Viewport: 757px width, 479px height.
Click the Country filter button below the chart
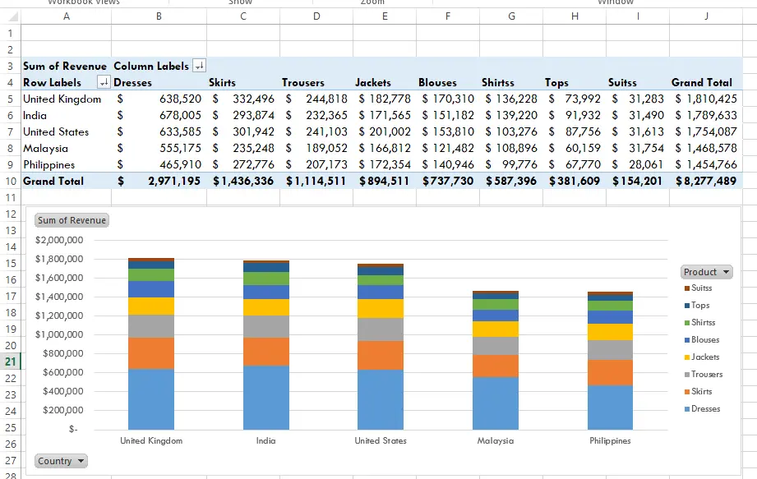pyautogui.click(x=62, y=461)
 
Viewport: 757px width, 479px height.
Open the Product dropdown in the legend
pyautogui.click(x=706, y=272)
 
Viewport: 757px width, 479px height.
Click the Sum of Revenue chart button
pyautogui.click(x=72, y=220)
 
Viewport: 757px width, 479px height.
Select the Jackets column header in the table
pyautogui.click(x=373, y=82)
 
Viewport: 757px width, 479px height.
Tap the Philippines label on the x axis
pyautogui.click(x=610, y=440)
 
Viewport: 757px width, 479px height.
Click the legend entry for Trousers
pyautogui.click(x=706, y=374)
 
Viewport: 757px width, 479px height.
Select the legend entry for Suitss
pyautogui.click(x=701, y=288)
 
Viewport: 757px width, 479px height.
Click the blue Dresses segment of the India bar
pyautogui.click(x=265, y=397)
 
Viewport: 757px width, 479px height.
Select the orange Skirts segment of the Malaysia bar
pyautogui.click(x=496, y=366)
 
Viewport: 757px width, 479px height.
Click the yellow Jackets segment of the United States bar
pyautogui.click(x=380, y=308)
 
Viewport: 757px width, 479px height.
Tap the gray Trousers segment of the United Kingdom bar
pyautogui.click(x=150, y=326)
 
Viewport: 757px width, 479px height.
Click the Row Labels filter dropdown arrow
pyautogui.click(x=104, y=82)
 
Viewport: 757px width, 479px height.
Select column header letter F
pyautogui.click(x=447, y=16)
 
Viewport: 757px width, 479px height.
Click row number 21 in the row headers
pyautogui.click(x=10, y=362)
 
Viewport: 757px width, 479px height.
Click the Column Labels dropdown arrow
pyautogui.click(x=199, y=66)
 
